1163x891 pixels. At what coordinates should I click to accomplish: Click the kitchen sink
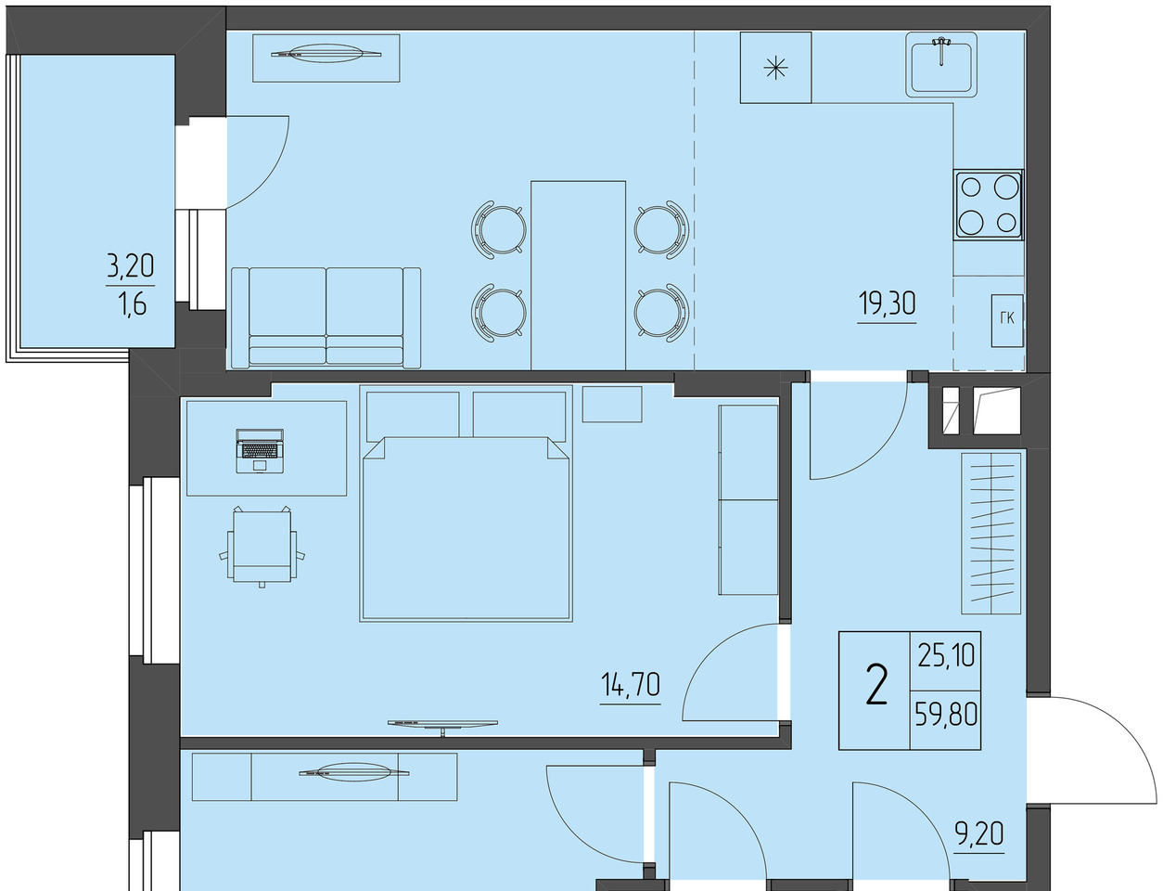point(941,65)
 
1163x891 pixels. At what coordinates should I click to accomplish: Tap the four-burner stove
point(988,204)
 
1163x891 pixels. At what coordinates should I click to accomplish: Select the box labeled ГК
point(1006,320)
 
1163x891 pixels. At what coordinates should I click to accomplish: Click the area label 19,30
point(887,304)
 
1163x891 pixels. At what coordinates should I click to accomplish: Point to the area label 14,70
point(631,685)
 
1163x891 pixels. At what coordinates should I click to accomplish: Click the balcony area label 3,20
point(131,265)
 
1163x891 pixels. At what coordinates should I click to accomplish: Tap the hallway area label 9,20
point(979,833)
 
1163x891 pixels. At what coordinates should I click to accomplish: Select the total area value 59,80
point(946,714)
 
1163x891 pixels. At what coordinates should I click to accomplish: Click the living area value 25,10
point(946,655)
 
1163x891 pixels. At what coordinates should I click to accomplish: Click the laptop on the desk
point(260,451)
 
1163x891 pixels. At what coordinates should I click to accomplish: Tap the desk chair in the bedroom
point(262,546)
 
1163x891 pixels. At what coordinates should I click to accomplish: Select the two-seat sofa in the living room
point(326,318)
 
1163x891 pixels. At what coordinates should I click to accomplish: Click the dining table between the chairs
point(578,276)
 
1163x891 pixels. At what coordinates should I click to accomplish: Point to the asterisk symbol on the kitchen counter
point(776,69)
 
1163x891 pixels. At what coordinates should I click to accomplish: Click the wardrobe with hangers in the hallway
point(990,534)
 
